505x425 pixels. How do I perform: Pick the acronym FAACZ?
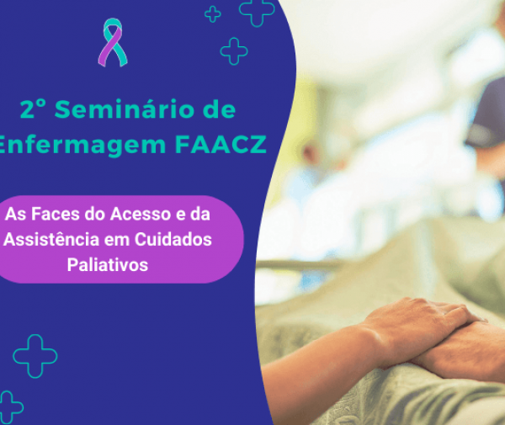(222, 145)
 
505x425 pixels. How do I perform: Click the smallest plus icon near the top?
(213, 13)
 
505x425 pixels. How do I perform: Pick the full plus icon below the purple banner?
(35, 356)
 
